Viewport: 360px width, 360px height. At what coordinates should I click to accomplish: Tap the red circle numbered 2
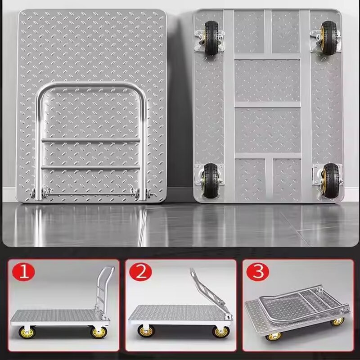[141, 273]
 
